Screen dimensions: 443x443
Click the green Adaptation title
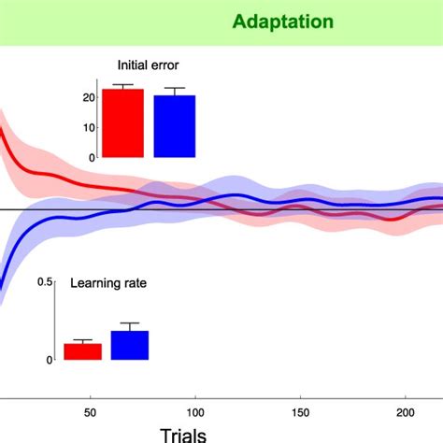pos(268,20)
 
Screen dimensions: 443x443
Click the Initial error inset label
pos(148,65)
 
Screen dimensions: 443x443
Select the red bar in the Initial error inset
pos(122,123)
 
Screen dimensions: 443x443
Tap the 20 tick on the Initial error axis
pos(89,97)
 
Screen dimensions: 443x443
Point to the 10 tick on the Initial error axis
pos(89,127)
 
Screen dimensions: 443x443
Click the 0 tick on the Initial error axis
pos(92,157)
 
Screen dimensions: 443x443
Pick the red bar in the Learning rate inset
pos(82,351)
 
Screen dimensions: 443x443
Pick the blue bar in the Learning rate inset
pos(130,345)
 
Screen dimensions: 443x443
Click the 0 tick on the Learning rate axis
pos(49,360)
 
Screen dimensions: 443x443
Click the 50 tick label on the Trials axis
pos(91,411)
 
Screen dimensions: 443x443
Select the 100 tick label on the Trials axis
pos(195,411)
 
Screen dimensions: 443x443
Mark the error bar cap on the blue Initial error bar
pos(175,88)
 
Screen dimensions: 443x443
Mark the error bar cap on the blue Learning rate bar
pos(130,323)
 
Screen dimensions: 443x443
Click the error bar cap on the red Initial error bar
pos(122,85)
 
